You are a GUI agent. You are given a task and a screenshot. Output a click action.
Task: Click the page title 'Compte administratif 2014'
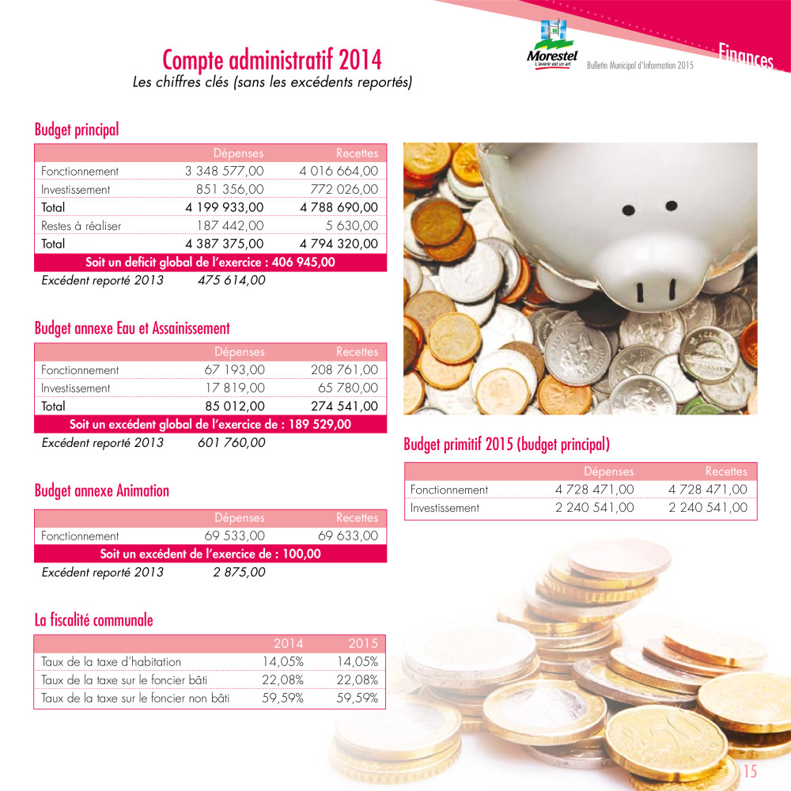tap(271, 60)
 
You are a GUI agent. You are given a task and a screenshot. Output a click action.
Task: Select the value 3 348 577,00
tap(225, 171)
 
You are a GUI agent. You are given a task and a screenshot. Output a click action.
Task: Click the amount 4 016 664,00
tap(339, 171)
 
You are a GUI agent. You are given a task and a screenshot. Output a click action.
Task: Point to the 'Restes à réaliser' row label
tap(81, 226)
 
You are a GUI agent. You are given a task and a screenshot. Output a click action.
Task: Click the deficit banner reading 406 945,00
tap(210, 263)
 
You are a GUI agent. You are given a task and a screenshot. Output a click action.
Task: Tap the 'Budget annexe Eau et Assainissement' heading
tap(132, 327)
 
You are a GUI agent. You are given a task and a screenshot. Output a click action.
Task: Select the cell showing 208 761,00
tap(345, 369)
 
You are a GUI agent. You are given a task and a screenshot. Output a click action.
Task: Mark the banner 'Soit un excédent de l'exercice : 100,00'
tap(210, 554)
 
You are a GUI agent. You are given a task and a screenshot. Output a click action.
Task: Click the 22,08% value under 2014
tap(282, 680)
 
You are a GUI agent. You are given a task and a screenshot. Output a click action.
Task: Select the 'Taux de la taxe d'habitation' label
tap(111, 662)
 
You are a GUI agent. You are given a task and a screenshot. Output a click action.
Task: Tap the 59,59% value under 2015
tap(358, 698)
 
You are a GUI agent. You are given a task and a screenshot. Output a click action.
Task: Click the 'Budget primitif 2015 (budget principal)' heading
tap(506, 445)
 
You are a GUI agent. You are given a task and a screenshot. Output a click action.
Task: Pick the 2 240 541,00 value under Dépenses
tap(594, 508)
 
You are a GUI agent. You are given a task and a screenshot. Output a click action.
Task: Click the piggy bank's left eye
tap(628, 210)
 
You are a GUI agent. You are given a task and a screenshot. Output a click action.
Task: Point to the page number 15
tap(750, 772)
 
